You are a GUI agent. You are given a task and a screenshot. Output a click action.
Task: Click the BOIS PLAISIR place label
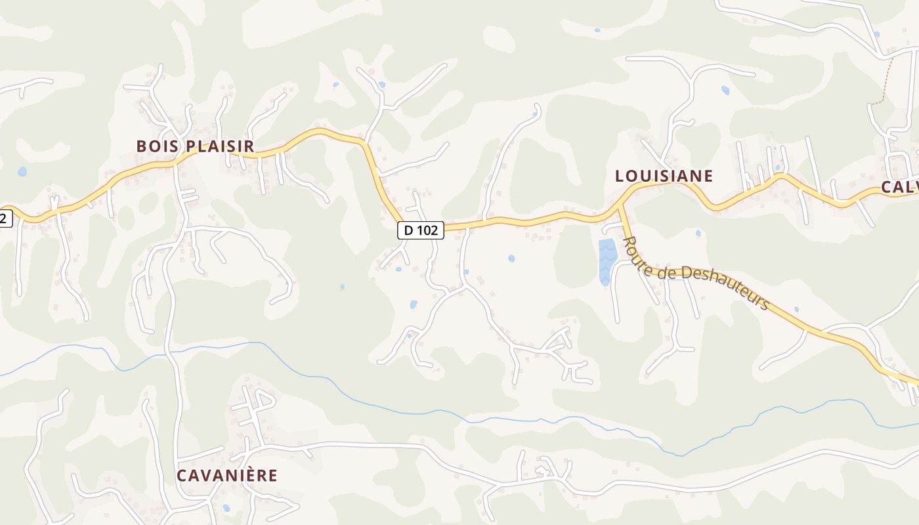[195, 146]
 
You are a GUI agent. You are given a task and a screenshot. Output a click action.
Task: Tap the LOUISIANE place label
[664, 176]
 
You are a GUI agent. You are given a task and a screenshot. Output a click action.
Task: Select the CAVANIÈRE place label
[227, 475]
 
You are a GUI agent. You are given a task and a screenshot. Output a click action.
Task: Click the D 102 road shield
[421, 230]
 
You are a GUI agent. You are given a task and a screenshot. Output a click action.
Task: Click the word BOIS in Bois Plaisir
[156, 146]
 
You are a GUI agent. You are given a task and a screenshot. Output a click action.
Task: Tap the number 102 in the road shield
[427, 230]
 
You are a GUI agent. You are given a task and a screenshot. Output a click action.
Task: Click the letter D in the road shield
[409, 230]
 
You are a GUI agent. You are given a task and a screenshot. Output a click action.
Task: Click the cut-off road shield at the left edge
[5, 219]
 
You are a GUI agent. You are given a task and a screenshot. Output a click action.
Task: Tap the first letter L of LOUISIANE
[620, 176]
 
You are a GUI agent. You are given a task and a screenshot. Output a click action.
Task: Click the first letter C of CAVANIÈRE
[182, 475]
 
